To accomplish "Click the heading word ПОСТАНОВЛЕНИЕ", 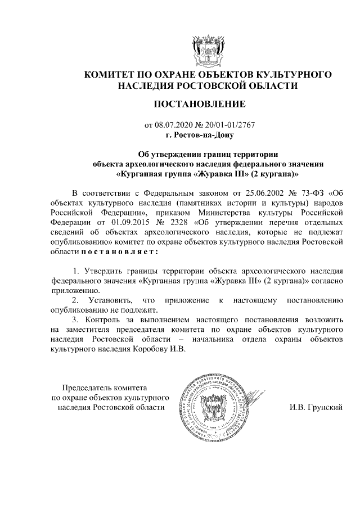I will tap(199, 104).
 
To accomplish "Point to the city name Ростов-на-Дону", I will tap(200, 135).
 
